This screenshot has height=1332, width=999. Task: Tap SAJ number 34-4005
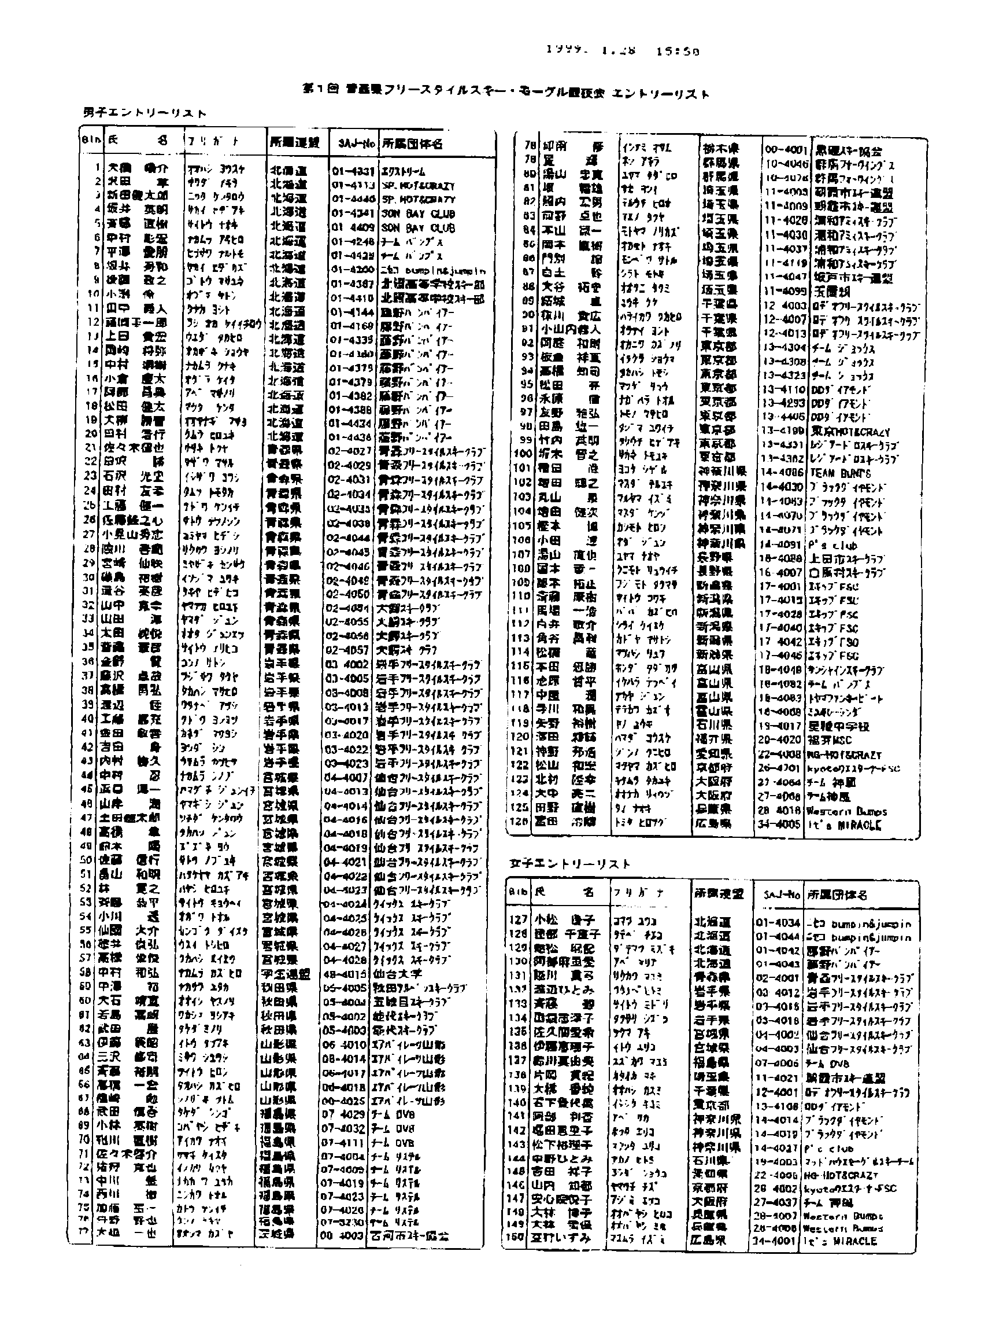pos(779,824)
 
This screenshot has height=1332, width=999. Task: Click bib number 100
pos(523,454)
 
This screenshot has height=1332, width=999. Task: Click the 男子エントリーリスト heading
pos(145,113)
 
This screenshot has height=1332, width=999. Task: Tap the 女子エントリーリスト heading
pos(570,864)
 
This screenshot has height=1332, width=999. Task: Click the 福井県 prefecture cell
pos(714,739)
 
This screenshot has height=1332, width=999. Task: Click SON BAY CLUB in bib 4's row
pos(417,214)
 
